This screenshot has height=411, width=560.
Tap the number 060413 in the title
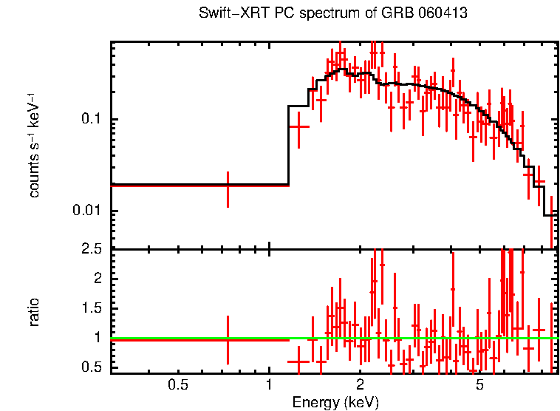click(x=443, y=14)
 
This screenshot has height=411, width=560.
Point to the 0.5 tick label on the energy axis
click(x=177, y=384)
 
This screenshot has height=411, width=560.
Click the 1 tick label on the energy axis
click(x=268, y=384)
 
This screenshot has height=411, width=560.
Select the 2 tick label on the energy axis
click(x=360, y=384)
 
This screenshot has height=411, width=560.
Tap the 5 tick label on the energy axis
click(x=479, y=384)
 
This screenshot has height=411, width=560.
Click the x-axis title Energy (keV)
click(x=335, y=402)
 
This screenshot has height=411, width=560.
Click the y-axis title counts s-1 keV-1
click(x=34, y=145)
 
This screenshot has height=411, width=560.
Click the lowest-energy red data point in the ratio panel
click(x=228, y=340)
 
